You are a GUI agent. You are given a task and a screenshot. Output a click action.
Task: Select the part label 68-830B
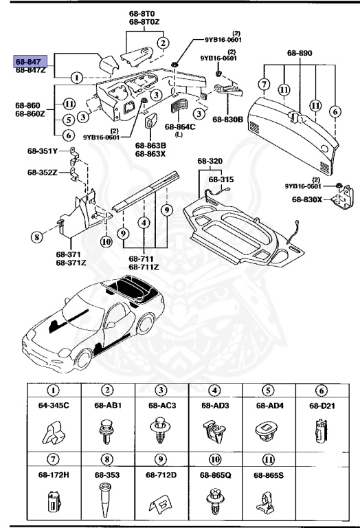coord(227,119)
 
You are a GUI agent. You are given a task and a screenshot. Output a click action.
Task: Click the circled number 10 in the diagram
coord(106,241)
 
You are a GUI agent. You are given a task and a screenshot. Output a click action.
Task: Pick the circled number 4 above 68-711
coord(144,223)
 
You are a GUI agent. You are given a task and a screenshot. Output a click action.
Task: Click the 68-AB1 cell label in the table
coord(108,406)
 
